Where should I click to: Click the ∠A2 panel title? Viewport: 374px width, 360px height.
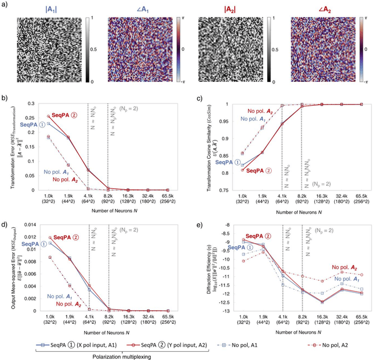point(317,9)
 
